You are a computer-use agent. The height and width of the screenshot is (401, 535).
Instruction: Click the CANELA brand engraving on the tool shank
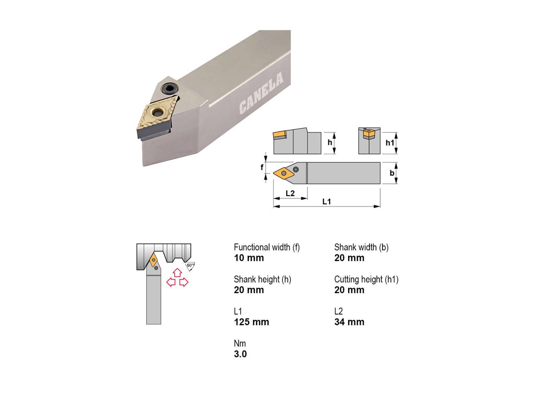(x=261, y=93)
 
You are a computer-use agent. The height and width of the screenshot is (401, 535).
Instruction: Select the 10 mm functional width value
(x=249, y=258)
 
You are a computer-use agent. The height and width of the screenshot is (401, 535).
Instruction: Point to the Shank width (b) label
(x=361, y=247)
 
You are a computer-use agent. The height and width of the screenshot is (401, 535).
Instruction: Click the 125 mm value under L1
(x=251, y=322)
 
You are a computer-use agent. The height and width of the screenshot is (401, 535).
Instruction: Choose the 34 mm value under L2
(x=349, y=322)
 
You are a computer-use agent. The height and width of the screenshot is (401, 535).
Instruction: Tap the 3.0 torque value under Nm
(x=240, y=354)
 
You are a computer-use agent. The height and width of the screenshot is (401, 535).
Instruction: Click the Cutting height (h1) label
(x=366, y=279)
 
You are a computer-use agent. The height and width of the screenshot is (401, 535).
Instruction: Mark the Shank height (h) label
(x=262, y=279)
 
